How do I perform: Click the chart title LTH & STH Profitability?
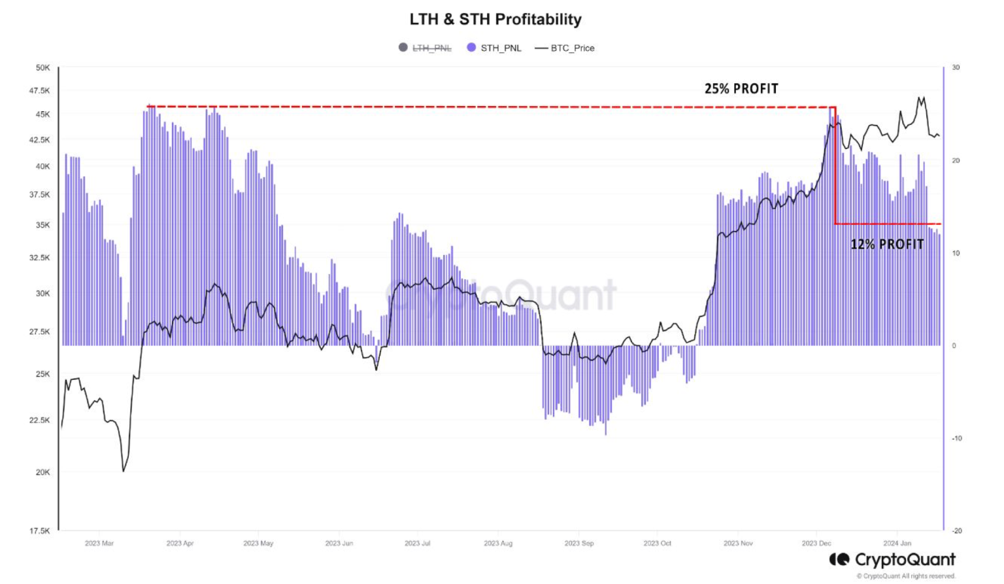[495, 20]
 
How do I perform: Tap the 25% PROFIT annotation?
[741, 89]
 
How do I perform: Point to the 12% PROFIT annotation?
[887, 245]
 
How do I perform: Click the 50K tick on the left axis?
[42, 67]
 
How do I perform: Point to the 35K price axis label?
[42, 225]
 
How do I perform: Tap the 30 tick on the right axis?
[956, 67]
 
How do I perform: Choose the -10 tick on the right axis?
[956, 438]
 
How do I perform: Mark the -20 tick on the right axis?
[956, 530]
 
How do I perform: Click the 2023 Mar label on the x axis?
[99, 543]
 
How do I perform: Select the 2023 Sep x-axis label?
[579, 543]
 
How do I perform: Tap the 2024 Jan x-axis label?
[897, 543]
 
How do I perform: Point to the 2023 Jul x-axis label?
[417, 543]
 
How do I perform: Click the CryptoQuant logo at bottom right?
[892, 560]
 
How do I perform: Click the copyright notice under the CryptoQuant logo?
[906, 576]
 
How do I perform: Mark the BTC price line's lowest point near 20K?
[124, 471]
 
